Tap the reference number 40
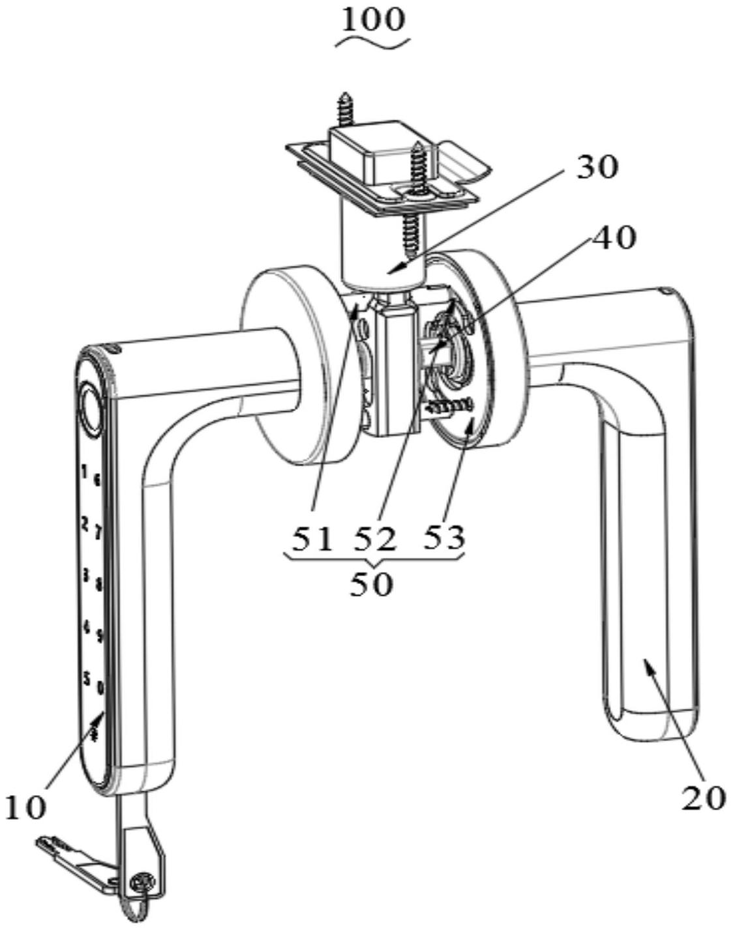click(612, 239)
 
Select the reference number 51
click(311, 539)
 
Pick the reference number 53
click(444, 538)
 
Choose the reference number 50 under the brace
click(371, 585)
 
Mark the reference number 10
click(25, 807)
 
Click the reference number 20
click(704, 797)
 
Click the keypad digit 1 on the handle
click(84, 470)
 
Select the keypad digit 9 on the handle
click(100, 635)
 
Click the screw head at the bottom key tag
click(140, 883)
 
